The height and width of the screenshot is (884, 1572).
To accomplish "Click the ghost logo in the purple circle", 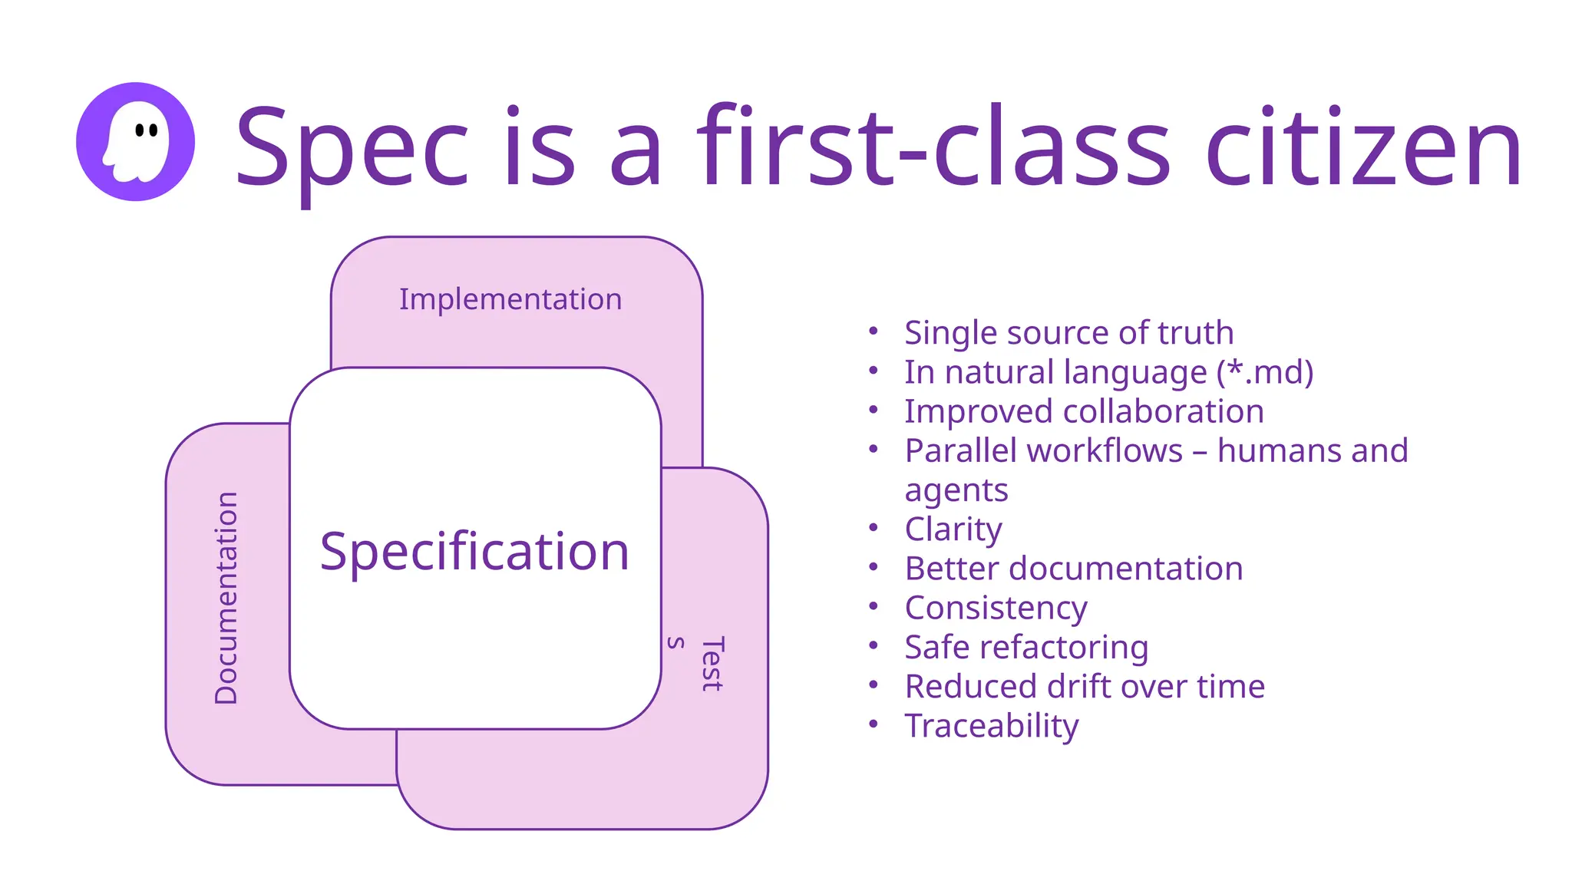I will coord(135,142).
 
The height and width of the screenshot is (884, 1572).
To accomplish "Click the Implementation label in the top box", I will coord(510,299).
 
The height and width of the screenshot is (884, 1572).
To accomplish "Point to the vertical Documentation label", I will coord(226,598).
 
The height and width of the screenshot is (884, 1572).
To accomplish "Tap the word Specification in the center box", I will coord(474,551).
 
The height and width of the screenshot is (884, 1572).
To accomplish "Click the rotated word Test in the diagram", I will coord(712,664).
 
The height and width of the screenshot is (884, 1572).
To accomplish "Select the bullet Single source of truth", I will coord(1068,333).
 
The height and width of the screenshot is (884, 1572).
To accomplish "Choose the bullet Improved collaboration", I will coord(1084,411).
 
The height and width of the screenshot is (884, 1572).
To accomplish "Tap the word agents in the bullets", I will coord(956,490).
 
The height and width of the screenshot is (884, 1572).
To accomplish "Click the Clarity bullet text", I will coord(953,529).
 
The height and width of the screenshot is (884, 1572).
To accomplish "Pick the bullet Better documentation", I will coord(1074,569).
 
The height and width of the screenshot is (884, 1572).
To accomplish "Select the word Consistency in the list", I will coord(996,608).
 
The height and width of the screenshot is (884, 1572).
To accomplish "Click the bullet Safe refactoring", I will coord(1026,647).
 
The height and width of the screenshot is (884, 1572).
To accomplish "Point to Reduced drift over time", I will coord(1085,686).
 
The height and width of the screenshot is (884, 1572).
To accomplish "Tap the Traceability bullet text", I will coord(992,726).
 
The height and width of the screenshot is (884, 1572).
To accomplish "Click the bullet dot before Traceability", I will coord(873,724).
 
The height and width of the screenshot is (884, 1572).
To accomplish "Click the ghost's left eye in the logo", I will coord(140,130).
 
